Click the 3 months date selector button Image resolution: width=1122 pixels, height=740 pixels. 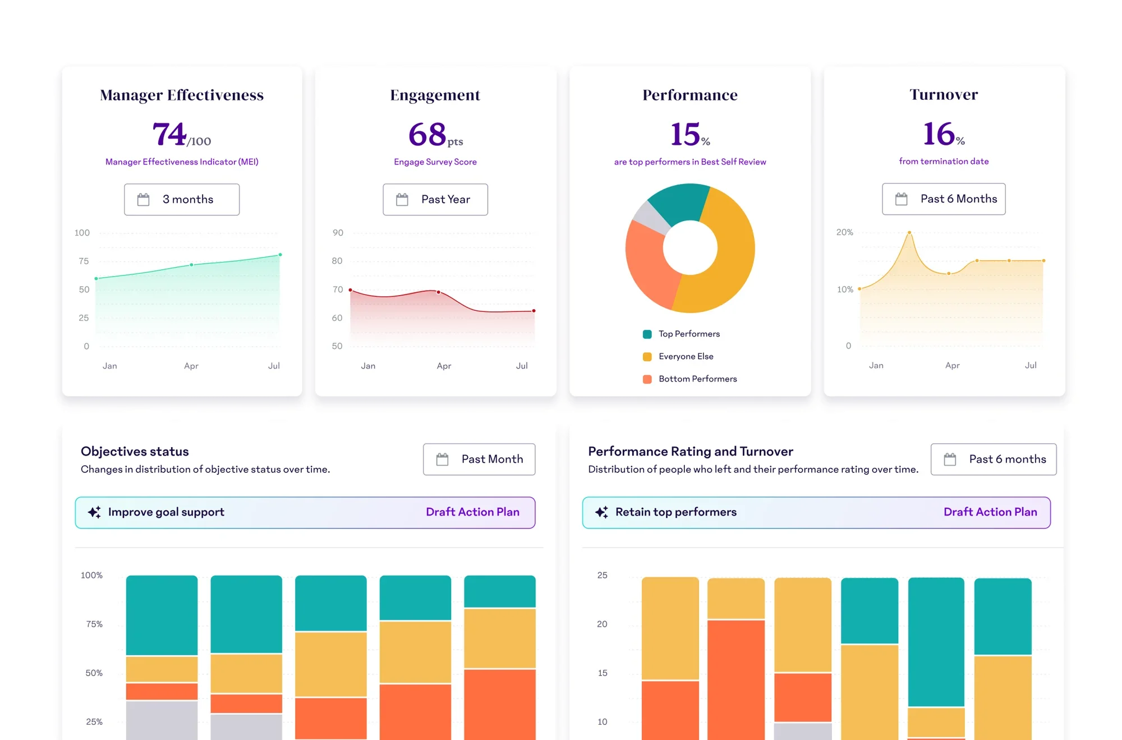click(182, 199)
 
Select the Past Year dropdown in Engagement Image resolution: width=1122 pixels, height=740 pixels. click(435, 199)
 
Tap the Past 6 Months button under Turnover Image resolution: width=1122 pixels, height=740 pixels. click(944, 199)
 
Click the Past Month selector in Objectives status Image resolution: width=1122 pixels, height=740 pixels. click(479, 459)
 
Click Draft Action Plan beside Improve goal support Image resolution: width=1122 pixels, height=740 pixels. click(472, 512)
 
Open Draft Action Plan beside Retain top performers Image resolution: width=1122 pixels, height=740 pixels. click(990, 512)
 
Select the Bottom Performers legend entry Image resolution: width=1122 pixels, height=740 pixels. click(697, 379)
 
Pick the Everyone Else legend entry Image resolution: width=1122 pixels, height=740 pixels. click(686, 356)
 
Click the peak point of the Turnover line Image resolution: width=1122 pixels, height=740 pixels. click(909, 232)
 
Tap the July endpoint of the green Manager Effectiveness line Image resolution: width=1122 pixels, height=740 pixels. click(280, 255)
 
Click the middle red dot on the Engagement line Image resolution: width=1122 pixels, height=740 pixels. click(438, 292)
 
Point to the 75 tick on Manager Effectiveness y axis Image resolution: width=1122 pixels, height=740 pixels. click(84, 261)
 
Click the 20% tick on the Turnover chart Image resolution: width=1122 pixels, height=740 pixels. click(845, 232)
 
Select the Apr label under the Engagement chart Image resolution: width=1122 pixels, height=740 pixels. click(444, 366)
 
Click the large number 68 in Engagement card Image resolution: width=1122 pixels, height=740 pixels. click(427, 135)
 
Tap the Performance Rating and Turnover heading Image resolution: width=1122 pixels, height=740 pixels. click(691, 451)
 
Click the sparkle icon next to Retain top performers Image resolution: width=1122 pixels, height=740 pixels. click(601, 512)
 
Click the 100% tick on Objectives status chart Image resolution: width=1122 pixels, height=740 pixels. click(91, 575)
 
